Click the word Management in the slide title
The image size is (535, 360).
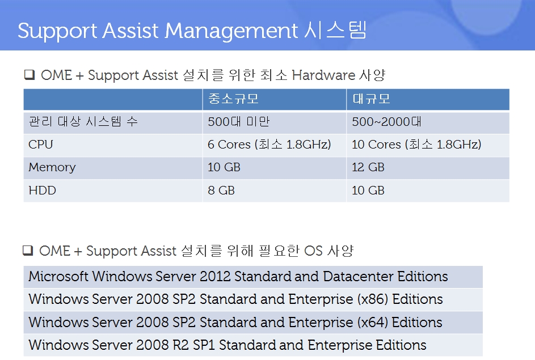tap(231, 31)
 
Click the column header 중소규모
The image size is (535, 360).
tap(233, 99)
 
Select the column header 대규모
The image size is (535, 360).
tap(371, 99)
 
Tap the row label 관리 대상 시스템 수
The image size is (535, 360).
tap(83, 121)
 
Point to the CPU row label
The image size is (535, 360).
tap(41, 145)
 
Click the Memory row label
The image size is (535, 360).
tap(52, 167)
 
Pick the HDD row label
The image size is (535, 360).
tap(43, 190)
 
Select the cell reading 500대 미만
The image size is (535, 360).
tap(239, 121)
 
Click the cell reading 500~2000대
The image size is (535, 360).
tap(386, 121)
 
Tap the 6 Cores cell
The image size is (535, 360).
tap(269, 145)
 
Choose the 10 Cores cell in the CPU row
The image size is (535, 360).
tap(416, 145)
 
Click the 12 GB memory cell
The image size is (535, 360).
tap(368, 167)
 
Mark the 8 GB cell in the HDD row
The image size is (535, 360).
tap(221, 190)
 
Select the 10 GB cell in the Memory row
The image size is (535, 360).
tap(224, 167)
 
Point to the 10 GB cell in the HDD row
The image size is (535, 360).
tap(368, 190)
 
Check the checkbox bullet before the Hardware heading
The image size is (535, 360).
tap(30, 75)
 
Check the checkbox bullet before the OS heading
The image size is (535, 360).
tap(28, 250)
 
